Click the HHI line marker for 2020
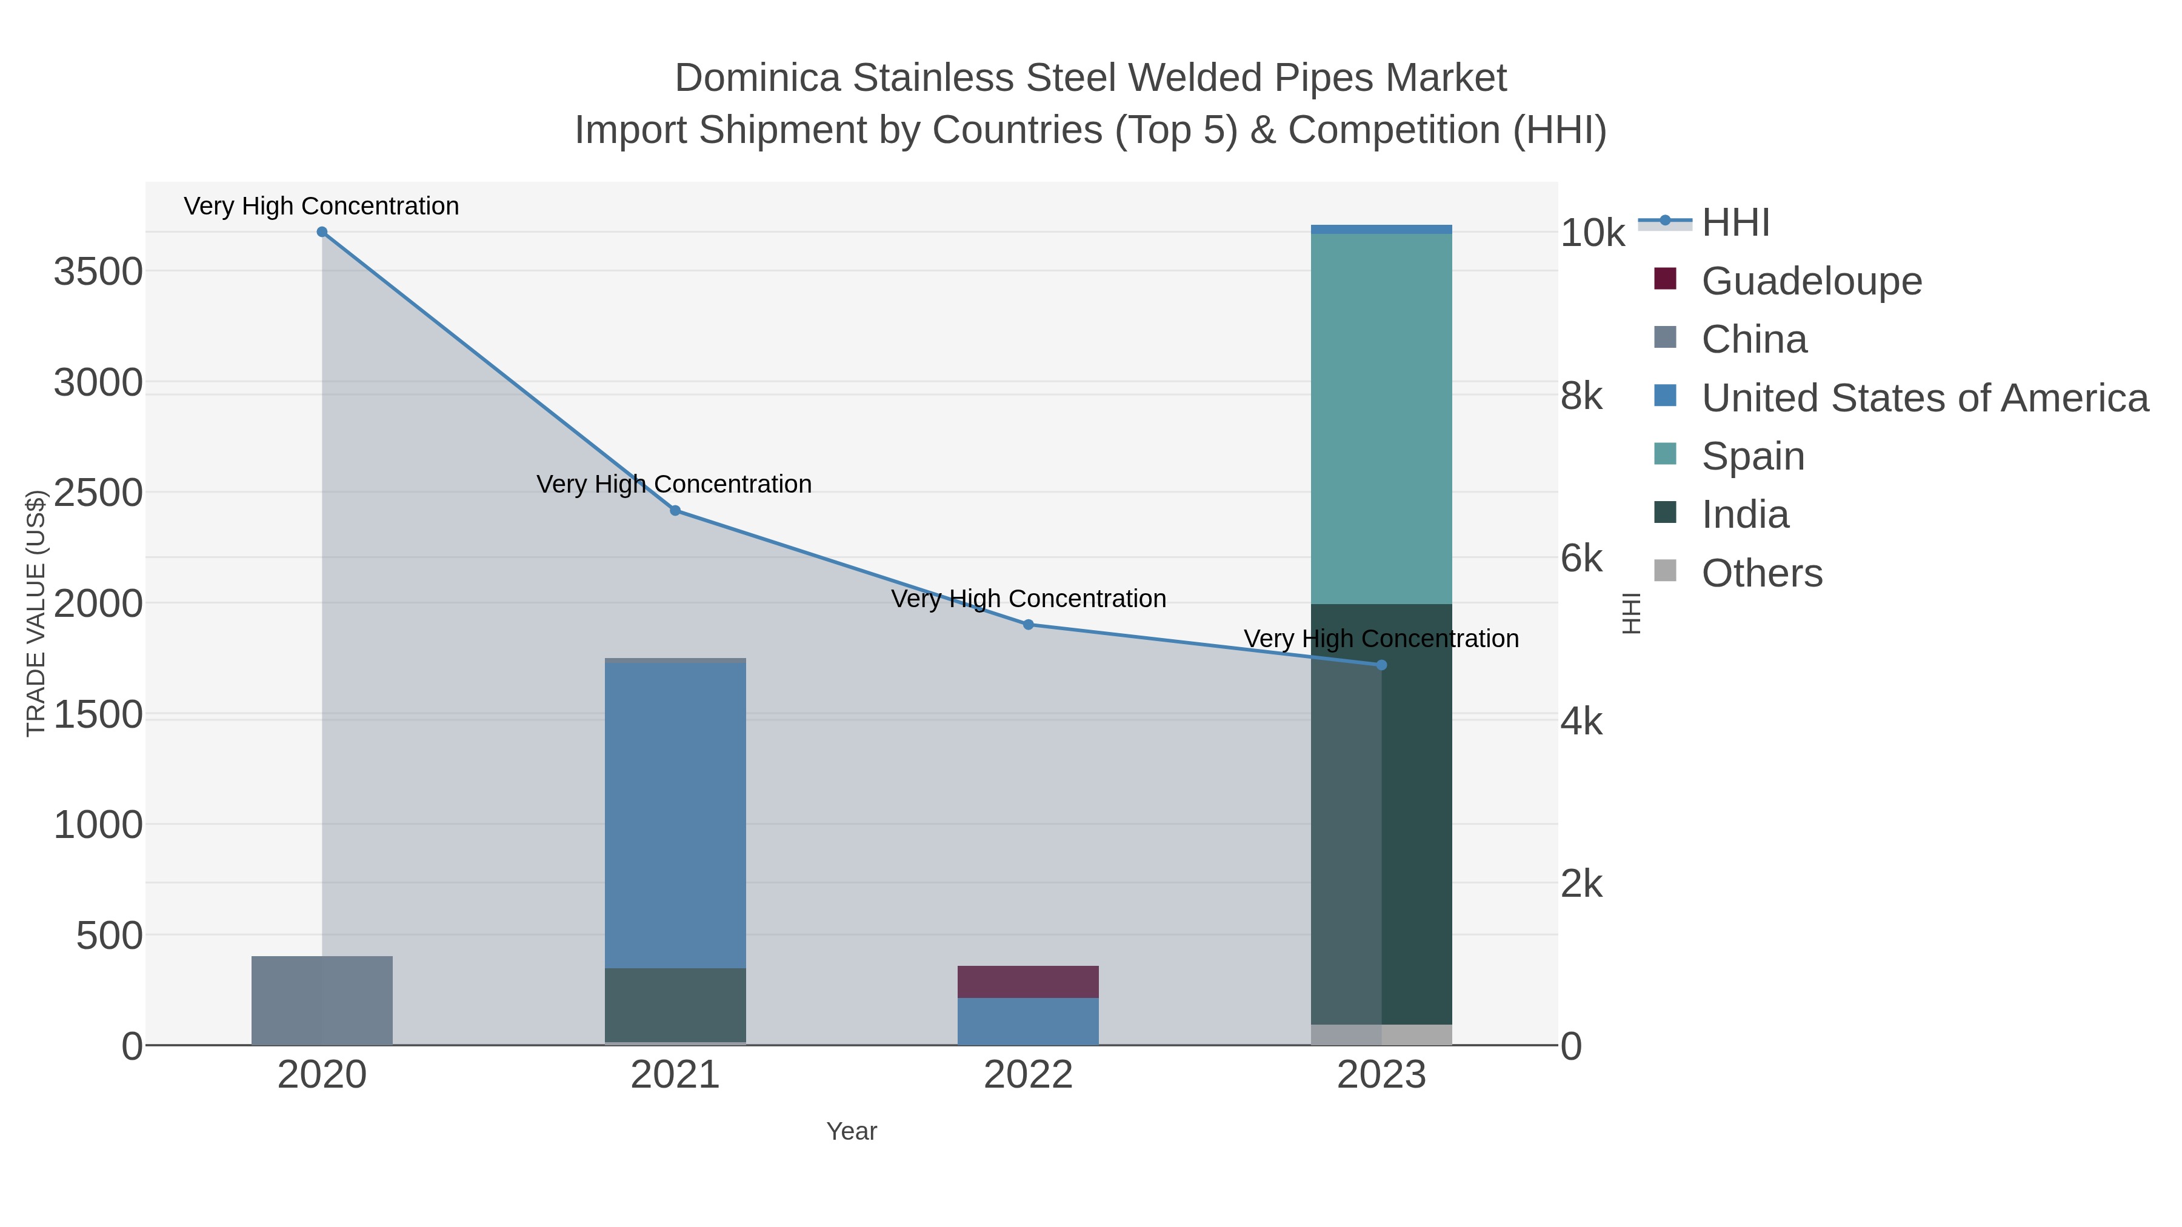point(322,232)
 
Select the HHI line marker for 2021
point(675,511)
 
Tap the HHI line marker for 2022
point(1029,625)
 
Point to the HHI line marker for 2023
point(1381,665)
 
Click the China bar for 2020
point(322,1001)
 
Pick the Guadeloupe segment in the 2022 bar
point(1029,982)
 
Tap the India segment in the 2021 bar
point(675,1005)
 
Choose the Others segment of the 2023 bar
point(1381,1035)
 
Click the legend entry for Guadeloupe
point(1811,281)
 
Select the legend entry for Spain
point(1752,456)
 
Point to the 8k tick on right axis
point(1581,396)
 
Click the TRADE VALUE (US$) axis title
point(36,613)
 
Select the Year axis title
point(852,1131)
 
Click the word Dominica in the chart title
point(757,79)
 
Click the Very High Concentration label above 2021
point(674,484)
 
